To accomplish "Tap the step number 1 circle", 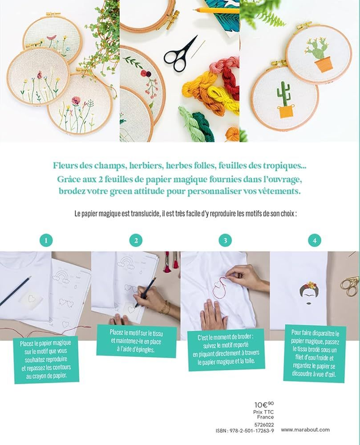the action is point(46,240).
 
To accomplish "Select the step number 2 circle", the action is point(136,240).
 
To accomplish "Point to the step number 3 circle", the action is point(225,240).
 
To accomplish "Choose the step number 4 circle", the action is point(314,240).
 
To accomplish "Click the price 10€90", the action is point(264,404).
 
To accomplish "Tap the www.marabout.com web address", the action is point(305,430).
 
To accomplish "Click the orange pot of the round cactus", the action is point(323,64).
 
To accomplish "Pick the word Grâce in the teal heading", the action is point(70,179).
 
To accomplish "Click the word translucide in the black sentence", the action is point(145,214).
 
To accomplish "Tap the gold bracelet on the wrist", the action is point(165,307).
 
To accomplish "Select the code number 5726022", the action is point(264,425).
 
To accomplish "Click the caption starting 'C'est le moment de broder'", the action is point(226,349).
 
